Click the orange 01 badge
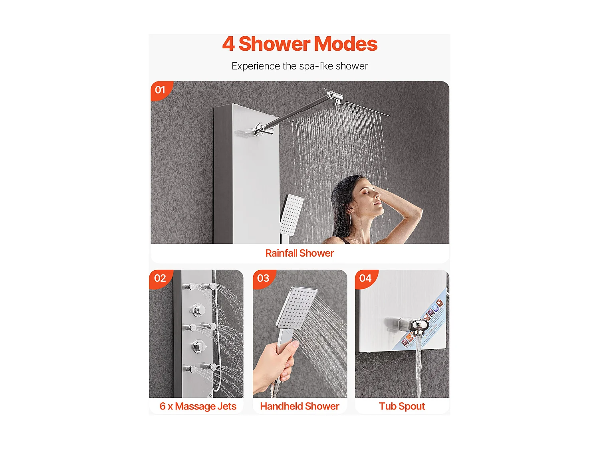pyautogui.click(x=161, y=90)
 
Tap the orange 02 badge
pyautogui.click(x=160, y=278)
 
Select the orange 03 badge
pyautogui.click(x=263, y=278)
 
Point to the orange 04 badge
pyautogui.click(x=365, y=278)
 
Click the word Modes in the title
pyautogui.click(x=348, y=44)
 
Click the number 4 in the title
pyautogui.click(x=228, y=44)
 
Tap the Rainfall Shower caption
pyautogui.click(x=299, y=253)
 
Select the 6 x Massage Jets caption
pyautogui.click(x=198, y=406)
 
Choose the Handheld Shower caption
pyautogui.click(x=299, y=406)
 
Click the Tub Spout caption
pyautogui.click(x=402, y=406)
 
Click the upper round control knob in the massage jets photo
pyautogui.click(x=198, y=310)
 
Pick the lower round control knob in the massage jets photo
pyautogui.click(x=198, y=346)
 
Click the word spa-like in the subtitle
pyautogui.click(x=316, y=66)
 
